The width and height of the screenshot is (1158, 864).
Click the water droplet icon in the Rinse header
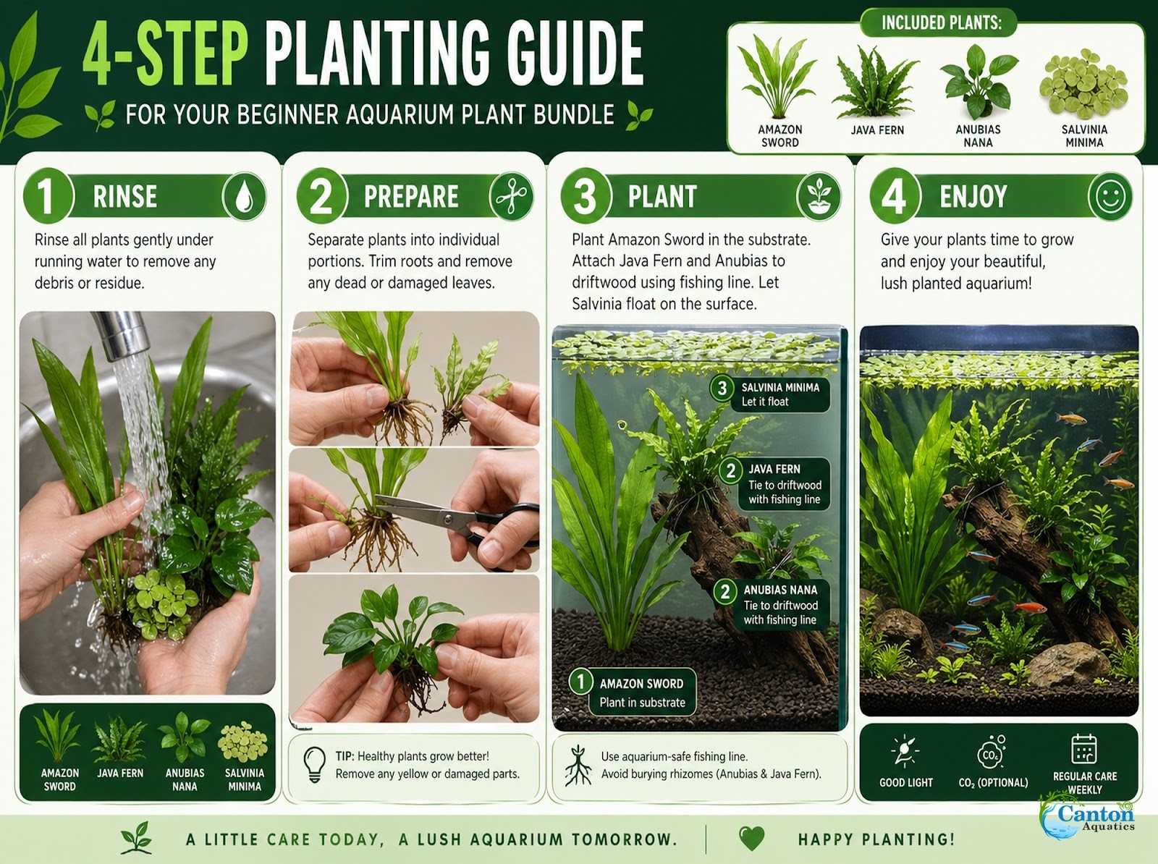pyautogui.click(x=244, y=198)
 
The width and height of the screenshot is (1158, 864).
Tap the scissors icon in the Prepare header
pyautogui.click(x=511, y=196)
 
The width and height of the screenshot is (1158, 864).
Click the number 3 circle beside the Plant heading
pyautogui.click(x=585, y=196)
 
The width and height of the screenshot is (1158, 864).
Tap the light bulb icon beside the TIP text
pyautogui.click(x=314, y=764)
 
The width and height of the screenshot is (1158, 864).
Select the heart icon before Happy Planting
pyautogui.click(x=751, y=838)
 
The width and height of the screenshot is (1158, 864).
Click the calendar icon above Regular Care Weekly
pyautogui.click(x=1084, y=749)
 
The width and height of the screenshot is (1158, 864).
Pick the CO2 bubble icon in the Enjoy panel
pyautogui.click(x=991, y=751)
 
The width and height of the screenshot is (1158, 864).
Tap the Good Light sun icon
pyautogui.click(x=905, y=750)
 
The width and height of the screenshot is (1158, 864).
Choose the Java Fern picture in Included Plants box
pyautogui.click(x=876, y=82)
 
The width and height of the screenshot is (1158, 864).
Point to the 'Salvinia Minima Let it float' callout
pyautogui.click(x=770, y=394)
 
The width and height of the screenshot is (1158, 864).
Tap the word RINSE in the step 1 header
pyautogui.click(x=125, y=196)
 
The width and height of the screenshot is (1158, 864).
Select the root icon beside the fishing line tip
pyautogui.click(x=577, y=766)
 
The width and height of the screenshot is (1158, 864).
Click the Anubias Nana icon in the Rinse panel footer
pyautogui.click(x=185, y=737)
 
